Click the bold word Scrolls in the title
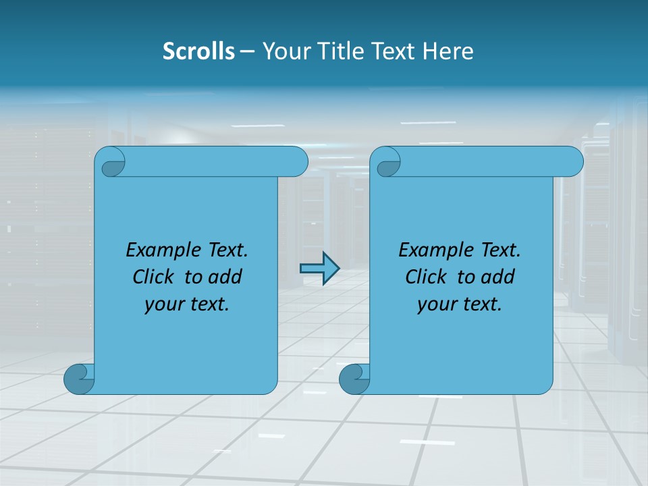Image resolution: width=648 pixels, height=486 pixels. [x=198, y=51]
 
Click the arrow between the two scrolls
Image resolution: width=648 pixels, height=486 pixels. [x=319, y=268]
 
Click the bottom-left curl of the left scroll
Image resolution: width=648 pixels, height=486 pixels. [x=78, y=379]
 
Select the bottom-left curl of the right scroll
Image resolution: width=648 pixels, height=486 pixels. [x=354, y=379]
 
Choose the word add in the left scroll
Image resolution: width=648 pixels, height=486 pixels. [x=225, y=277]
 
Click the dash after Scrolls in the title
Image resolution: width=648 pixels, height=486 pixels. [x=247, y=51]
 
